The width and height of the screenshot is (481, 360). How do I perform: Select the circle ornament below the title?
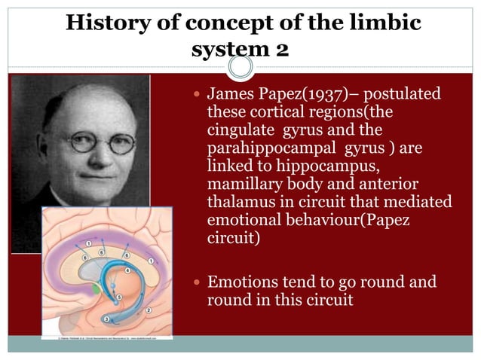[240, 69]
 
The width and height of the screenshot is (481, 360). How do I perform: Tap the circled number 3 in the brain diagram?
[106, 319]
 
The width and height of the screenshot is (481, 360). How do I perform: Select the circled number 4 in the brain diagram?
[127, 270]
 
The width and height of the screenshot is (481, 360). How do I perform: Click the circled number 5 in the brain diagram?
[118, 297]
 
